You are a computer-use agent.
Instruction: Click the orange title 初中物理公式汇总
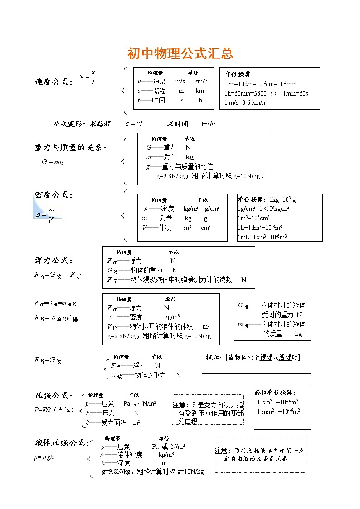point(180,53)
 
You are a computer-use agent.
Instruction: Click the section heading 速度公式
point(53,82)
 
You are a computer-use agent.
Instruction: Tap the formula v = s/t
point(88,77)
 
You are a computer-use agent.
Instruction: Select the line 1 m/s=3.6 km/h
point(245,102)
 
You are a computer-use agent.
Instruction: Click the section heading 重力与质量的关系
point(70,148)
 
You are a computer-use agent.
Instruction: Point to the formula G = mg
point(53,162)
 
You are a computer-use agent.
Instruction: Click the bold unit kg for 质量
point(190,157)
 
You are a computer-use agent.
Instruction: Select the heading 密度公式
point(53,195)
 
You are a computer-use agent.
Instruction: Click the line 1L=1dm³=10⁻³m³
point(259,228)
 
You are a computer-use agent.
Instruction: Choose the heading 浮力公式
point(53,261)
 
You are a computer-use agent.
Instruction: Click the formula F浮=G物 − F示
point(58,275)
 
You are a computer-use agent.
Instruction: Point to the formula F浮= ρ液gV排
point(56,318)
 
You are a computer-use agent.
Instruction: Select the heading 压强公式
point(53,396)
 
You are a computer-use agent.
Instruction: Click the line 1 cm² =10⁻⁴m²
point(277,402)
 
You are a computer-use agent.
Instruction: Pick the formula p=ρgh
point(44,457)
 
